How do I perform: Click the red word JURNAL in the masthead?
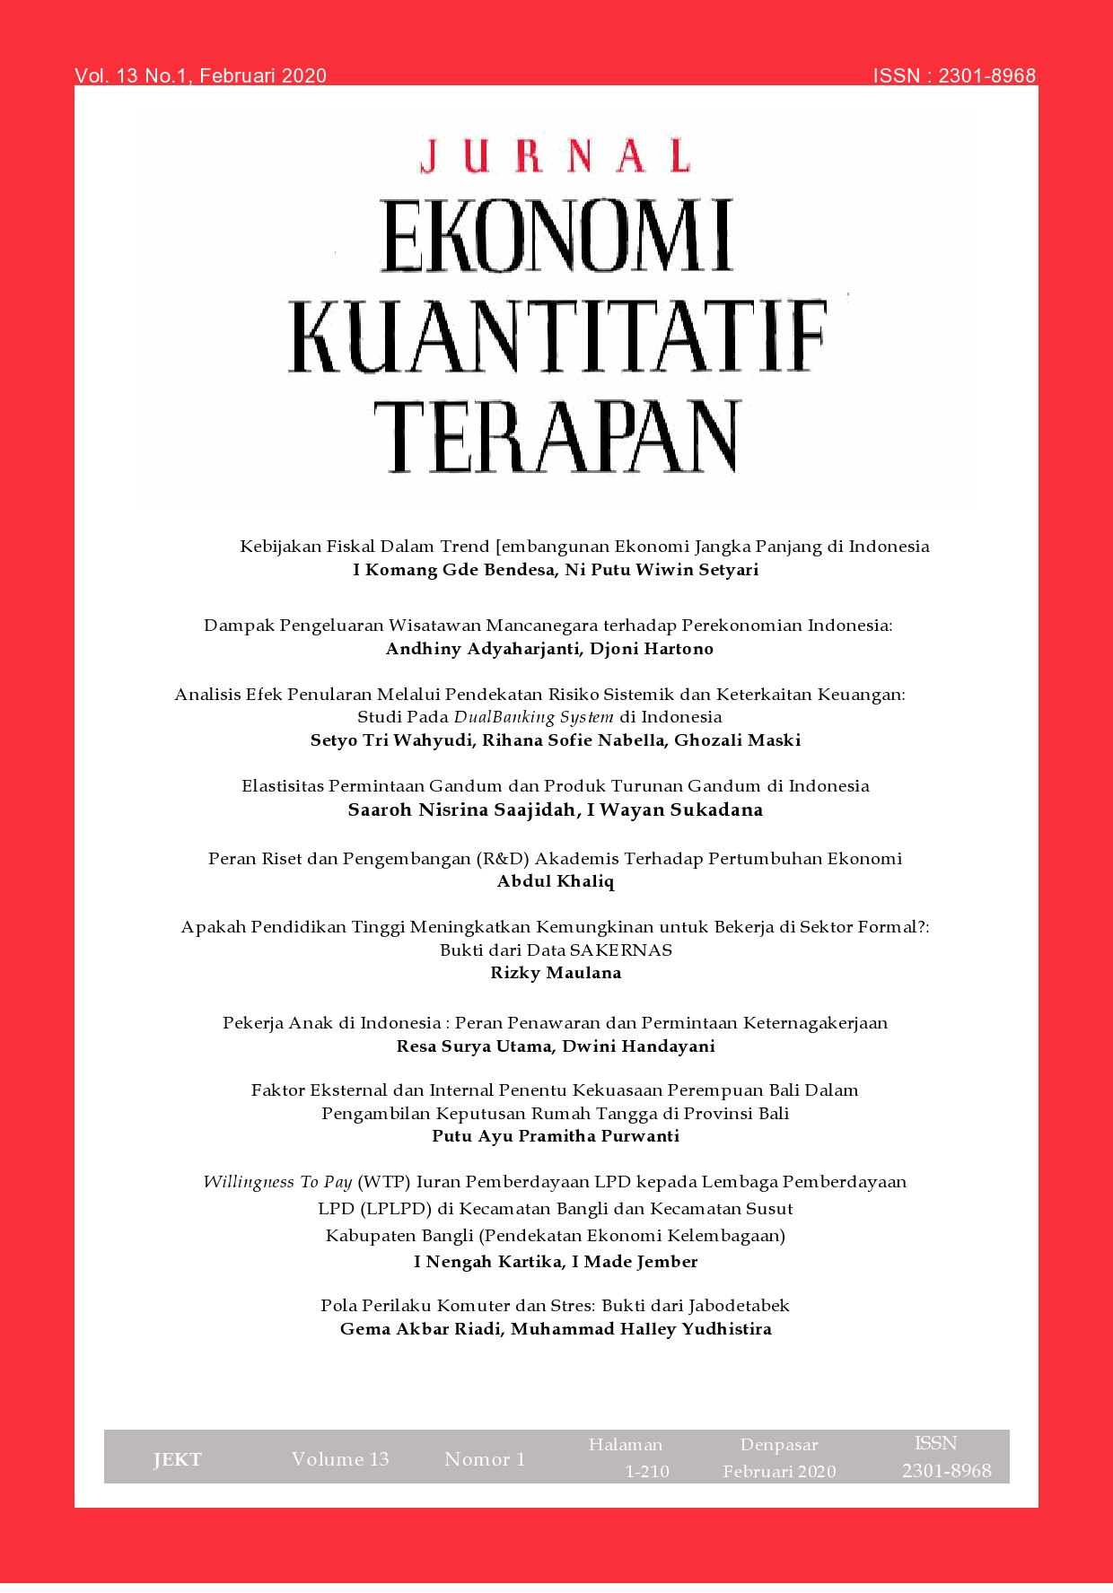[555, 155]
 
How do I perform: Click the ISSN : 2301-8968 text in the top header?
[954, 76]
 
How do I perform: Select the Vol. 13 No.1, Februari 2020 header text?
[200, 76]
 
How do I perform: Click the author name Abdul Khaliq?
[556, 881]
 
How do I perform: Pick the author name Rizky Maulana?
[556, 973]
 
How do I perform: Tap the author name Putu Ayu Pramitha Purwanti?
[556, 1136]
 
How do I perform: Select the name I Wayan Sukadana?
[675, 810]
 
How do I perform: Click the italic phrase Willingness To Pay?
[277, 1182]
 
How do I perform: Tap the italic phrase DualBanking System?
[533, 717]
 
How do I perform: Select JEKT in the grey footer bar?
[178, 1460]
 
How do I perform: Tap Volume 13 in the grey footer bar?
[340, 1459]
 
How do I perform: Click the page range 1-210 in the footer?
[647, 1472]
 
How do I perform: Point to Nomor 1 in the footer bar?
[485, 1459]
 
